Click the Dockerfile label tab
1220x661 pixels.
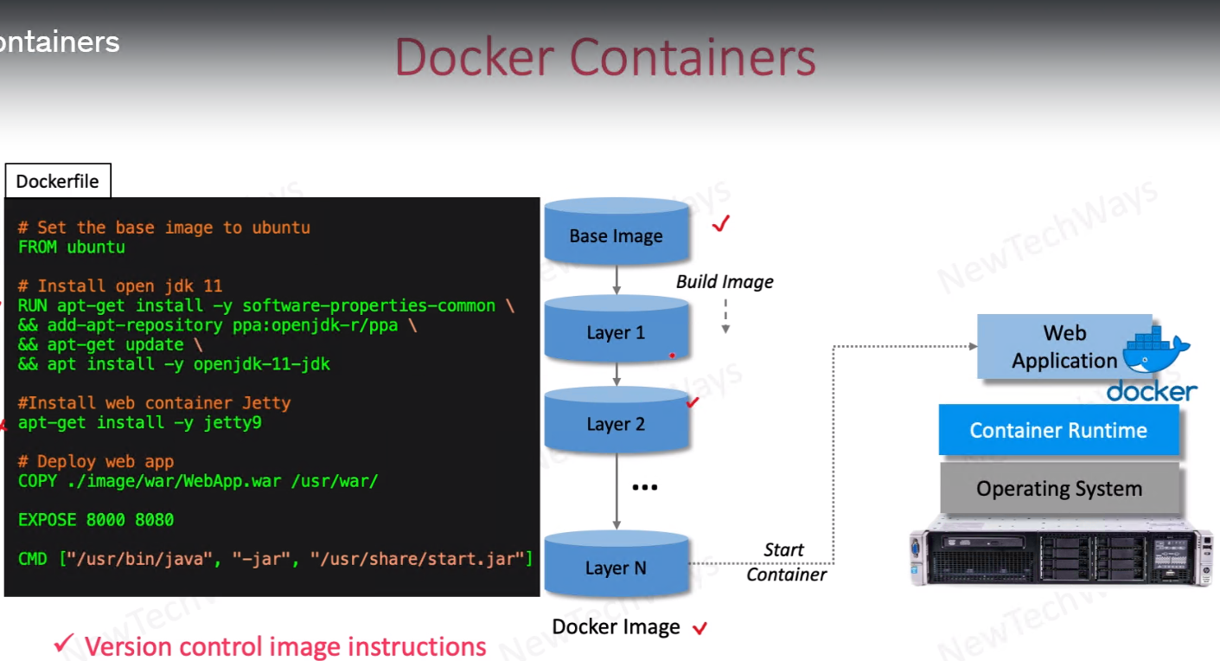tap(58, 182)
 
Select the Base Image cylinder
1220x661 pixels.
tap(616, 234)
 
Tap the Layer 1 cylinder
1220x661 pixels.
tap(616, 330)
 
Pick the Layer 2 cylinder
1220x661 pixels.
tap(616, 422)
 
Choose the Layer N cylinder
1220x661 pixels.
tap(616, 566)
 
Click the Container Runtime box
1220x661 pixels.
tap(1058, 430)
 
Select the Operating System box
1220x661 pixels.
tap(1059, 489)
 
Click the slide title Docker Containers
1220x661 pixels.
tap(605, 58)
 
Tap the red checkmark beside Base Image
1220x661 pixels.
tap(721, 224)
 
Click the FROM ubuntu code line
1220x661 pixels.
tap(72, 247)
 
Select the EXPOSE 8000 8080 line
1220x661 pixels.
tap(96, 520)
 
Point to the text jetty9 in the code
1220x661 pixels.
tap(233, 423)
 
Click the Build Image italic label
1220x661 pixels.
tap(725, 282)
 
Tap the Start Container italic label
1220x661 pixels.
tap(785, 562)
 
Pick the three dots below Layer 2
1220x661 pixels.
tap(645, 488)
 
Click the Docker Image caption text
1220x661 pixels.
tap(616, 627)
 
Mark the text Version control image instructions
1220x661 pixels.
tap(285, 646)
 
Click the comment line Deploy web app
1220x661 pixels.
tap(96, 462)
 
